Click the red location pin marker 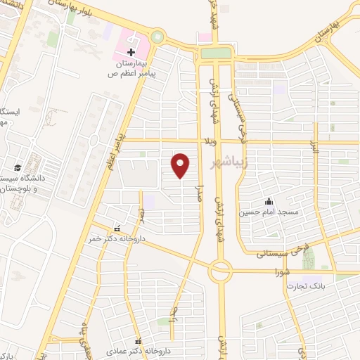coord(181,165)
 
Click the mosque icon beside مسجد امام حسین coord(268,202)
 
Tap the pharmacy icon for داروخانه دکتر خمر coord(117,229)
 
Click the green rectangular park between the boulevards coord(215,53)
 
